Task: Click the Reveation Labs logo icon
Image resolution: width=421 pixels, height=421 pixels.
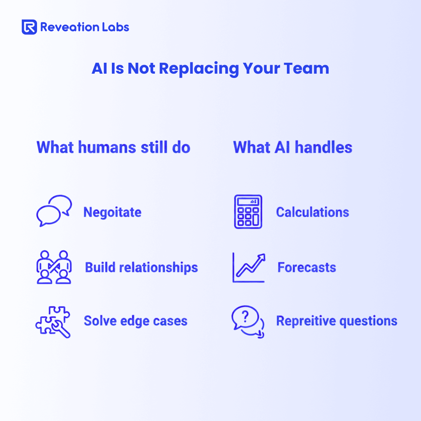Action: pos(29,27)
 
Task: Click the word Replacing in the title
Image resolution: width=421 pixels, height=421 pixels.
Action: pos(199,69)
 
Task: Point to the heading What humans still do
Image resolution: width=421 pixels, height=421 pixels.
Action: pos(113,147)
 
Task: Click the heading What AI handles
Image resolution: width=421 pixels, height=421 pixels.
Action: pos(293,147)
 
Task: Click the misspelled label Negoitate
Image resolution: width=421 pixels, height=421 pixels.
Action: pos(112,212)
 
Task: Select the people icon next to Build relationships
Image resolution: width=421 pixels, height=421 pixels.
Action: pos(54,267)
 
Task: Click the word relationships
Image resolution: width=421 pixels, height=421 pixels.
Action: pos(158,268)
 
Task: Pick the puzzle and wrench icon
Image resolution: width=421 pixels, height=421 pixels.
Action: pos(53,322)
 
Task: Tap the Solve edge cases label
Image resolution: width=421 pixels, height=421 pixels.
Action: pos(136,321)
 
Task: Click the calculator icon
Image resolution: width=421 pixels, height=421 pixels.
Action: pos(248,212)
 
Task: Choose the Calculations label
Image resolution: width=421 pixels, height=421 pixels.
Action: pos(313,212)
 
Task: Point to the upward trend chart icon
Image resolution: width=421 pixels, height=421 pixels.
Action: pos(249,267)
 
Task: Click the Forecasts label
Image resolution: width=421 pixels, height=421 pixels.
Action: pos(307,267)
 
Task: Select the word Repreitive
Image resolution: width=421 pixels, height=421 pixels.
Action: pos(305,321)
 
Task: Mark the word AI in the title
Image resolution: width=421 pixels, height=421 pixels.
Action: pos(99,69)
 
